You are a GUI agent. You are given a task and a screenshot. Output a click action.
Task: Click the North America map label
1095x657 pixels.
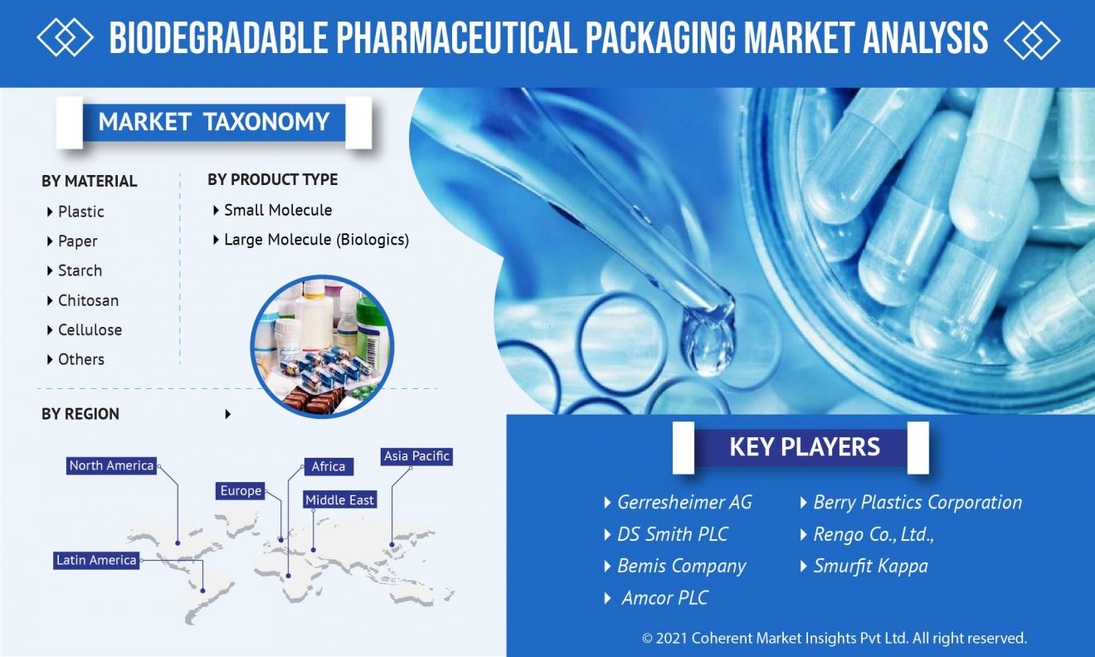111,465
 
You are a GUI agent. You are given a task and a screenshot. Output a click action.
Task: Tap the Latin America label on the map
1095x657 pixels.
96,560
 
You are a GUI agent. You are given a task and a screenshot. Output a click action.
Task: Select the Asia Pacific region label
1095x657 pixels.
416,456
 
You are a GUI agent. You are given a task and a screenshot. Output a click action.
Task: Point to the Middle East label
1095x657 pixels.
340,499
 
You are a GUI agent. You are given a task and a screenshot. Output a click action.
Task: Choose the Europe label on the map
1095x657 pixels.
241,491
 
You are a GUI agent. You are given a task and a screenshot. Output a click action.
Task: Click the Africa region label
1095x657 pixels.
328,466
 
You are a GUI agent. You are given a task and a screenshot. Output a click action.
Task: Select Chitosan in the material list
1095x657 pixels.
88,300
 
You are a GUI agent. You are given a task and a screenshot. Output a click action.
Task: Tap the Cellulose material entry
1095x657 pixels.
90,330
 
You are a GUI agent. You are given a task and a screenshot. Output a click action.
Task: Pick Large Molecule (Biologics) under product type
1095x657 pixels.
316,240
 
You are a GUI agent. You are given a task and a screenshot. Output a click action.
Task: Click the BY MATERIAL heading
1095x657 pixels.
90,181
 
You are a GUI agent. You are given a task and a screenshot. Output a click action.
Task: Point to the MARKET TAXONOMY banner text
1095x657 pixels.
214,122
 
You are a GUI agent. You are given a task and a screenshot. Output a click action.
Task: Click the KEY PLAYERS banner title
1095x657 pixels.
805,447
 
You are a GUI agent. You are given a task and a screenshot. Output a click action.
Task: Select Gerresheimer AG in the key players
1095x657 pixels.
684,502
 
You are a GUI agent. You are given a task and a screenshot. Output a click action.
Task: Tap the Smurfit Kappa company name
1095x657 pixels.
870,566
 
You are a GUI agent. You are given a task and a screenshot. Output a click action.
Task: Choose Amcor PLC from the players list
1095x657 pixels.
664,598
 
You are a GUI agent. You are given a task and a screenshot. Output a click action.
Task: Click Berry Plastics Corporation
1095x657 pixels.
917,503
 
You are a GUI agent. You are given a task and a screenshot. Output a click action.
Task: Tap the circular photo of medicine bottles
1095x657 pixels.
322,347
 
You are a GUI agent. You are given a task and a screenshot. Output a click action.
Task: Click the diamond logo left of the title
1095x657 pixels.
65,37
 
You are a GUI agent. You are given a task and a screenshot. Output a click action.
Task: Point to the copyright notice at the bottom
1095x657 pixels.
834,638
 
